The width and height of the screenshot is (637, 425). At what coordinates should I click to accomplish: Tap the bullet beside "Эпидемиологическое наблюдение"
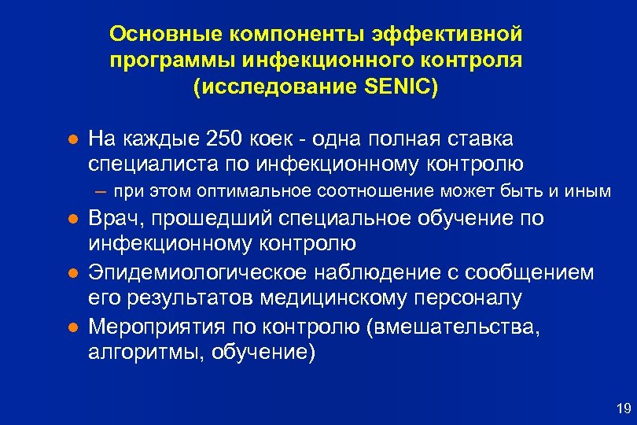[x=71, y=273]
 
